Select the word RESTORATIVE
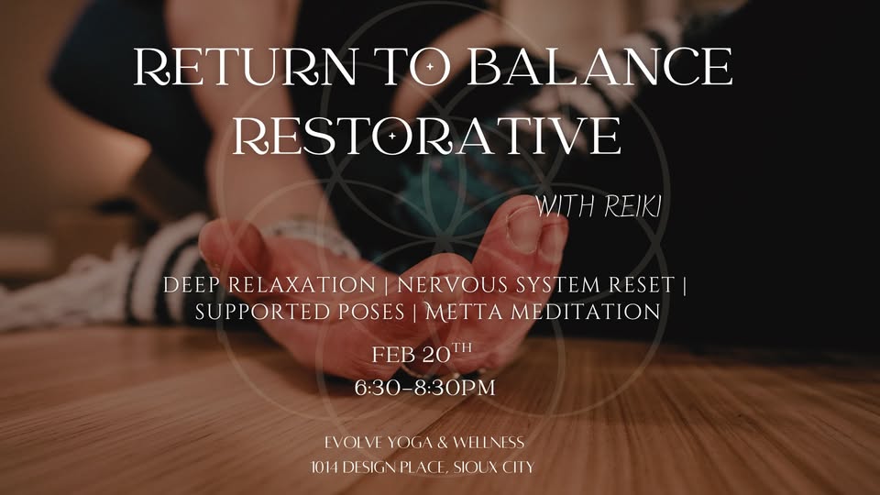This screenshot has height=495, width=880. click(427, 135)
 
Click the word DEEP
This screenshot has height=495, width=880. click(192, 285)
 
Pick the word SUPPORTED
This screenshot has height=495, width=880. click(260, 312)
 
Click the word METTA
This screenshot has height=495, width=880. click(465, 312)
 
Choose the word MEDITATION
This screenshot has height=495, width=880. click(585, 312)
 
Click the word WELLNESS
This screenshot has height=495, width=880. click(490, 444)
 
